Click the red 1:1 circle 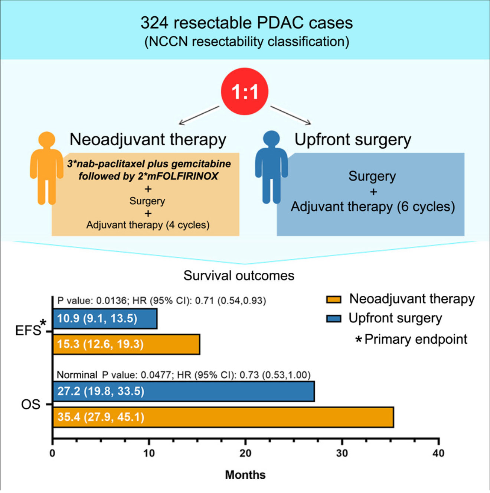(x=245, y=91)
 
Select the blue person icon (x=271, y=167)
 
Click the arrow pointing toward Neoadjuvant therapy (x=199, y=115)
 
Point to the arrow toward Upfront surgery (x=291, y=115)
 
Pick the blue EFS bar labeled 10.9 (x=105, y=319)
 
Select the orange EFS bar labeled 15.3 (x=126, y=344)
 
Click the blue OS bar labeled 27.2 (x=183, y=392)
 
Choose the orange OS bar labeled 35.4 (x=223, y=417)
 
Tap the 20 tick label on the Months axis (x=245, y=453)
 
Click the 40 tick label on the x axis (x=438, y=453)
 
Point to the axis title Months (x=245, y=475)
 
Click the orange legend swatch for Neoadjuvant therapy (x=333, y=299)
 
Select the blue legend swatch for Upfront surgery (x=333, y=319)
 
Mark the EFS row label (x=28, y=330)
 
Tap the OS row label (x=30, y=404)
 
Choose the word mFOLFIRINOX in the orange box (x=183, y=176)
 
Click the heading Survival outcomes (x=239, y=276)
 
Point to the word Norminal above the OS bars (x=77, y=375)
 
